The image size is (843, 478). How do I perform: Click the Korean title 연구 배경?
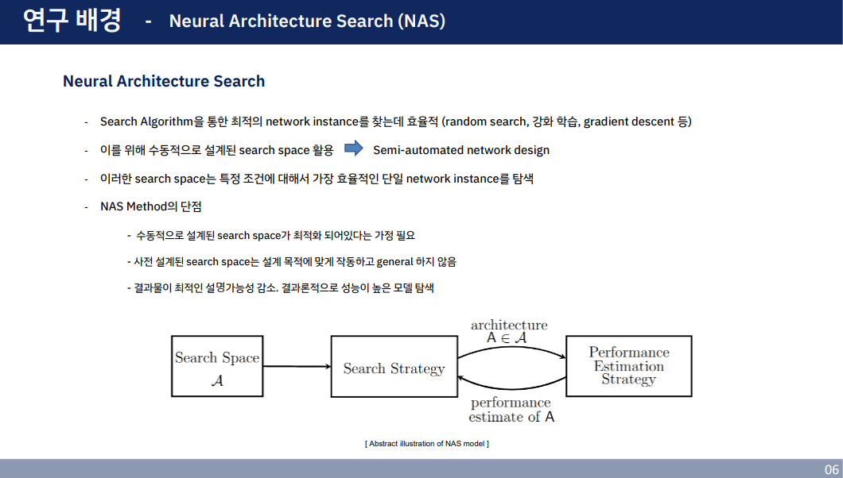tap(72, 21)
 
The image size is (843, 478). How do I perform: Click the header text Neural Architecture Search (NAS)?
tap(307, 21)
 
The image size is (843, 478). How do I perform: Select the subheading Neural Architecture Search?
tap(164, 81)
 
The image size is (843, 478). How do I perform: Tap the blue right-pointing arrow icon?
tap(353, 148)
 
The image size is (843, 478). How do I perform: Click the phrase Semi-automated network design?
tap(461, 150)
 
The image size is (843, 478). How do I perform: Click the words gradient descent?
tap(629, 121)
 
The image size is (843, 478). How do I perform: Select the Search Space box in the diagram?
tap(217, 366)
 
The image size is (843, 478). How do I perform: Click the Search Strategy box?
tap(394, 366)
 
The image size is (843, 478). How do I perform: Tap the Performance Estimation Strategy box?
tap(628, 365)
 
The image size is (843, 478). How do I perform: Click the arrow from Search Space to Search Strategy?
tap(297, 366)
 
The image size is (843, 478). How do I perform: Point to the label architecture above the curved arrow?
tap(509, 325)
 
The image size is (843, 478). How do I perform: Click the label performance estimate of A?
tap(511, 410)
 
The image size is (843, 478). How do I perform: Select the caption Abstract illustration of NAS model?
tap(426, 443)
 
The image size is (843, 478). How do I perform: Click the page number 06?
tap(831, 469)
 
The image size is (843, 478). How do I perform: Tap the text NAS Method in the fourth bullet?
tap(132, 207)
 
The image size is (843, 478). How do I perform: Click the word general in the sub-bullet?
tap(395, 261)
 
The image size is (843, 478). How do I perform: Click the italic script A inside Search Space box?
tap(217, 380)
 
